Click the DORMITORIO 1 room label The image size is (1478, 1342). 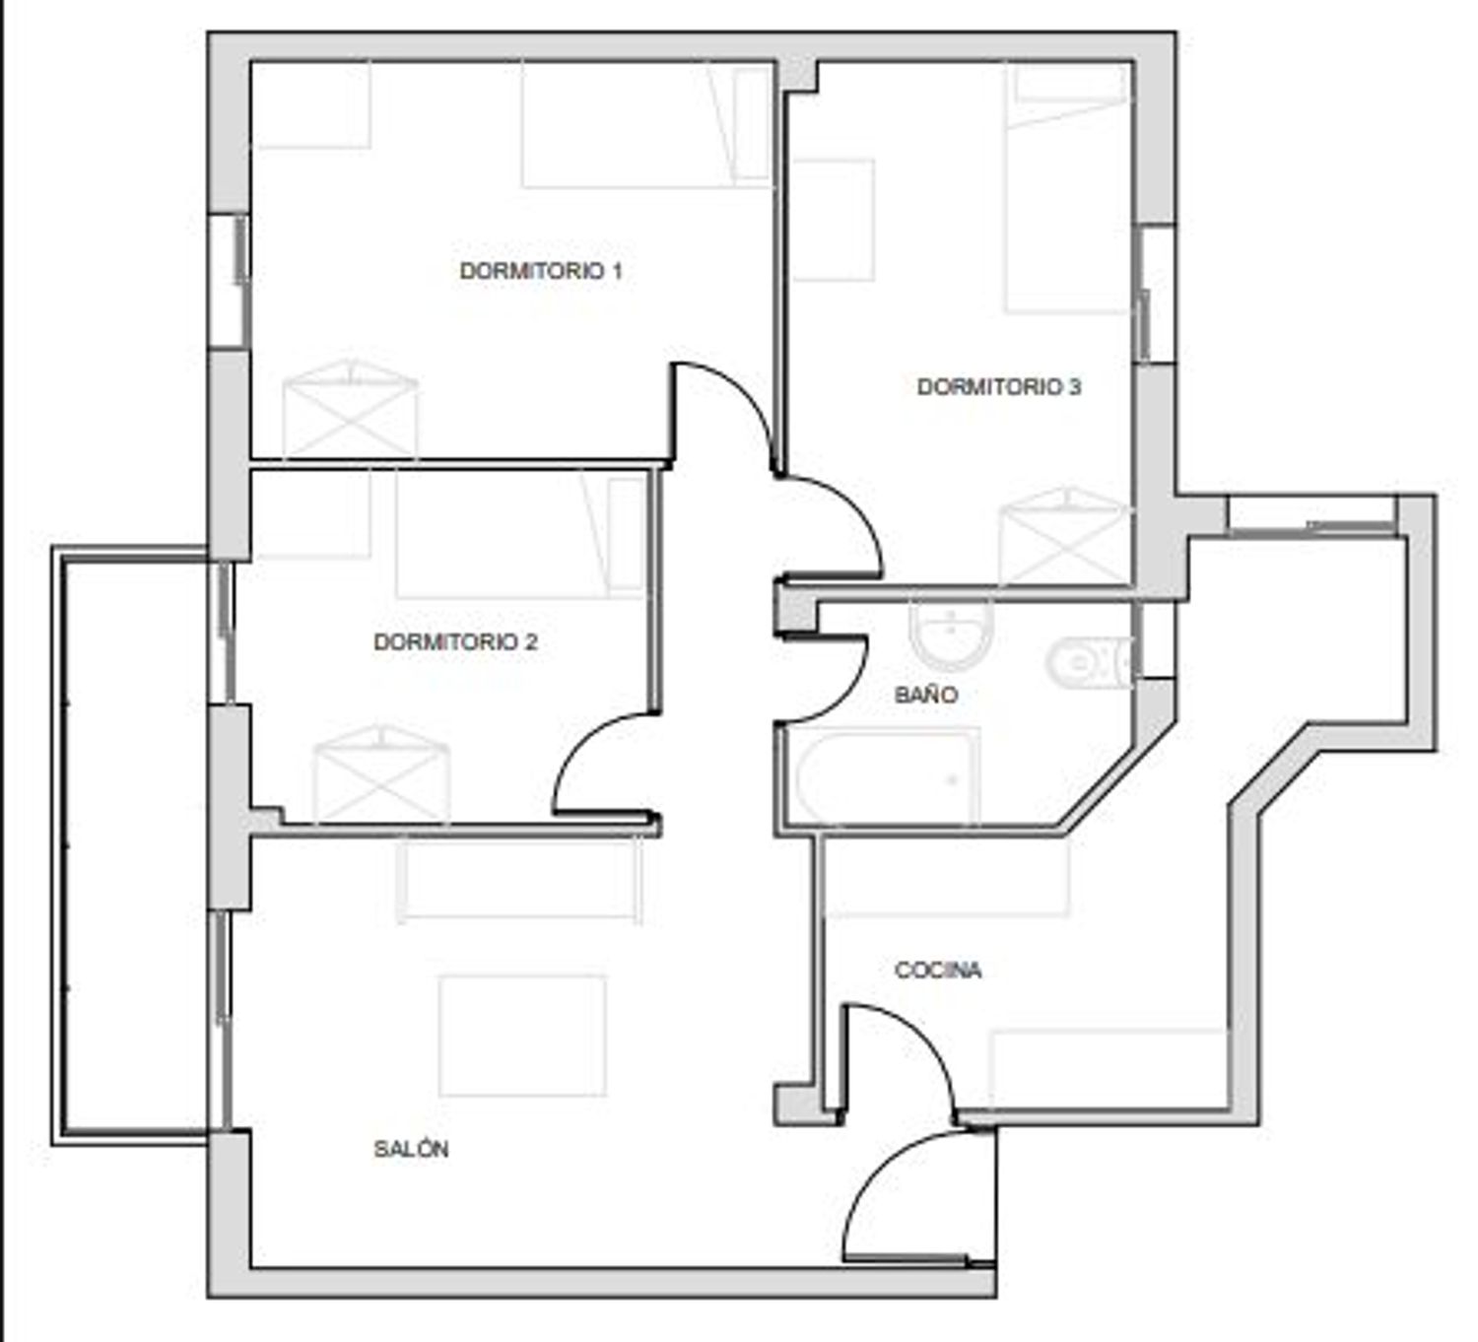pos(541,271)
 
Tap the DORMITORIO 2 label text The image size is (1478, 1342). pos(455,641)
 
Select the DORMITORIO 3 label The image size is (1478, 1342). pos(998,386)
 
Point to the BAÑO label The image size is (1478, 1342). pos(926,694)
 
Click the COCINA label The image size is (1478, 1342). pos(938,970)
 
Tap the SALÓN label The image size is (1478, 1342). pos(411,1149)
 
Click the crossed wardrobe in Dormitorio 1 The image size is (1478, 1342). pos(351,410)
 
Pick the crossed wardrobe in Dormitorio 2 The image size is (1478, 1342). pos(381,773)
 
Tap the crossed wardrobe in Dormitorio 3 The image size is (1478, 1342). pos(1065,538)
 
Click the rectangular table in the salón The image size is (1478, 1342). pos(522,1036)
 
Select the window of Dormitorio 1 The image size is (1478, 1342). pos(229,282)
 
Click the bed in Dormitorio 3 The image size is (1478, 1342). pos(1067,188)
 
